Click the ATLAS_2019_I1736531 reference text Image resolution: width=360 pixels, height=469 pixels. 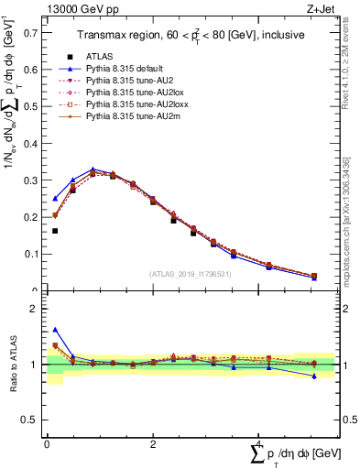tap(190, 273)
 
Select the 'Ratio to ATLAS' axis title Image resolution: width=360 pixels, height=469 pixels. tap(12, 364)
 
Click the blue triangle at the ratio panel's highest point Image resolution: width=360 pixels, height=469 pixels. tap(55, 330)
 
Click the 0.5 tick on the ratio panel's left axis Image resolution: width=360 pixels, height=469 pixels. tap(45, 420)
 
